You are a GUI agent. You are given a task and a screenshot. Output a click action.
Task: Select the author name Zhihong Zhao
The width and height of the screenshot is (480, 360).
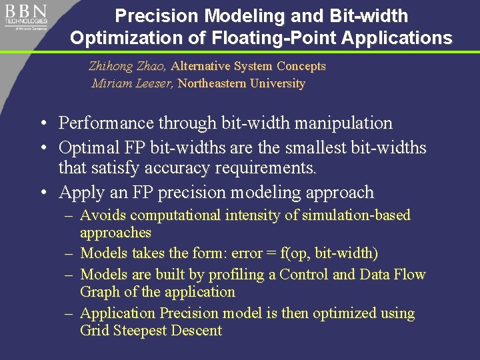tap(128, 66)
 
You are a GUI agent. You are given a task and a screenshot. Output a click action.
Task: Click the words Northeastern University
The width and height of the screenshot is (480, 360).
tap(241, 83)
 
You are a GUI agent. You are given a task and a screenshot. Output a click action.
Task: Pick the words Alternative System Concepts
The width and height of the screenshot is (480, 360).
tap(249, 66)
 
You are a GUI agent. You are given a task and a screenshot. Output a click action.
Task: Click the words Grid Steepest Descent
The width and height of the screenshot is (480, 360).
tap(151, 331)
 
